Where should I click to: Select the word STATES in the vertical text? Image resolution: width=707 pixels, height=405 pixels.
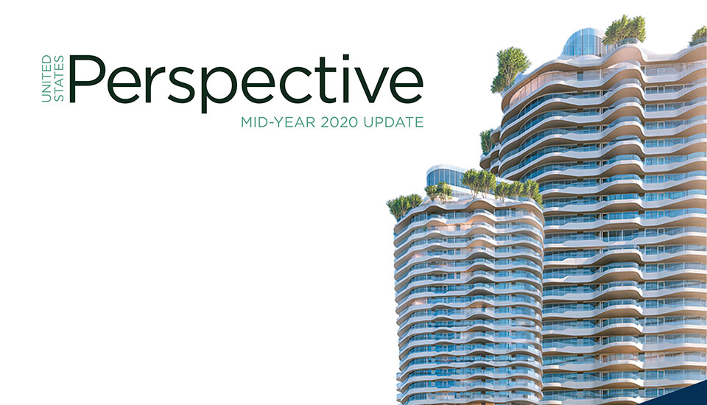pos(59,80)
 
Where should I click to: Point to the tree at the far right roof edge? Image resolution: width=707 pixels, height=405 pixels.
pos(698,35)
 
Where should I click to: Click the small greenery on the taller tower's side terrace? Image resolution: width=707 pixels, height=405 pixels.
pos(486,141)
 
